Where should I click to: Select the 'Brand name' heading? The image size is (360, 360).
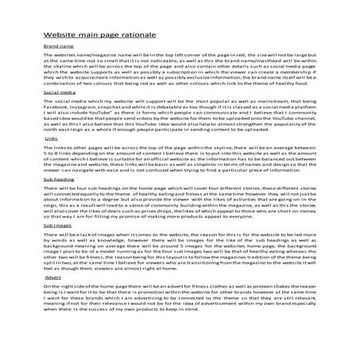(57, 47)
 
